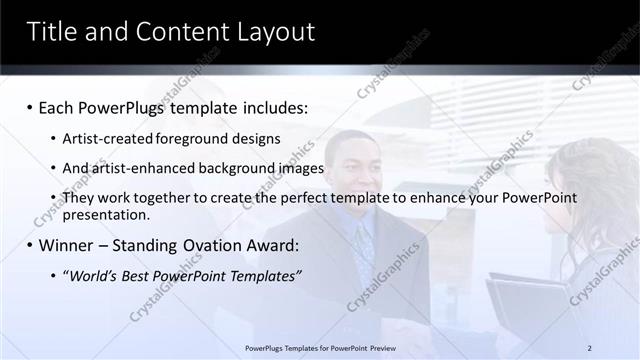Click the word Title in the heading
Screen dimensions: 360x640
(53, 32)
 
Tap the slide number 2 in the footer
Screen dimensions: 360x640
(590, 347)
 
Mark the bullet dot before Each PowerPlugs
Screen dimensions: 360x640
(30, 106)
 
